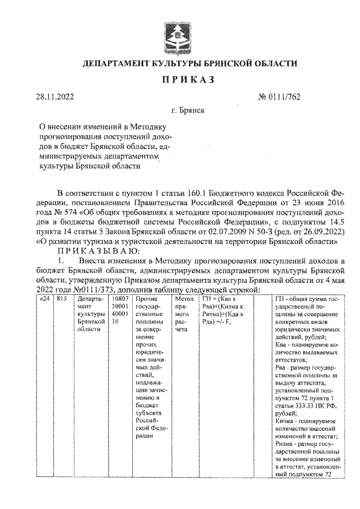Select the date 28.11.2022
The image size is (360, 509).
pyautogui.click(x=55, y=97)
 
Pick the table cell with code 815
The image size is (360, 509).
pyautogui.click(x=62, y=299)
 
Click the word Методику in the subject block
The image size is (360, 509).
pyautogui.click(x=147, y=127)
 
